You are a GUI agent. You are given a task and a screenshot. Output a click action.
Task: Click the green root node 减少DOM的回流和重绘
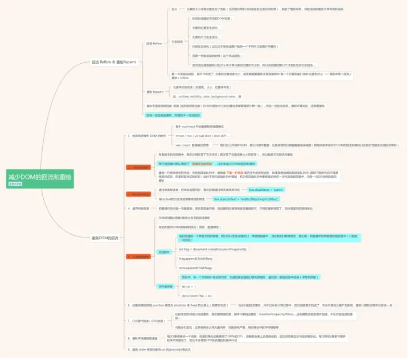point(40,177)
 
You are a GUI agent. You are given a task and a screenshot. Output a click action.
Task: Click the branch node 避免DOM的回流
point(105,237)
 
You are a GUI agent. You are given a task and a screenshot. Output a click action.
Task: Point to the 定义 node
point(174,9)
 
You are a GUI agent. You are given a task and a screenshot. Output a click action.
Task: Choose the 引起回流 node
point(177,42)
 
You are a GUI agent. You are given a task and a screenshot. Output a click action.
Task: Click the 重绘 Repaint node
point(154,91)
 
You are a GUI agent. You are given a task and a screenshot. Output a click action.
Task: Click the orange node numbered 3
point(139,194)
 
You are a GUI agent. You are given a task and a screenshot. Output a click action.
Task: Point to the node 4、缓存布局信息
point(138,208)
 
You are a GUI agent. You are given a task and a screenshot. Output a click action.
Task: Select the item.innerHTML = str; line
point(197,296)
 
